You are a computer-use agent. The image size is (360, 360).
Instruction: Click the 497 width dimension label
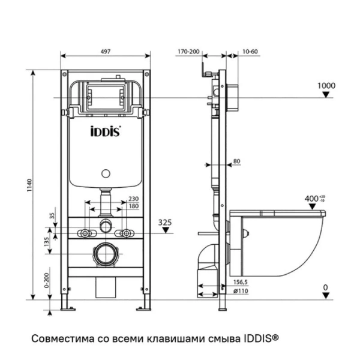point(104,52)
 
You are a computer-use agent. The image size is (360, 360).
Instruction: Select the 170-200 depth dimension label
point(188,52)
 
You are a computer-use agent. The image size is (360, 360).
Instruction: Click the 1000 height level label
point(326,86)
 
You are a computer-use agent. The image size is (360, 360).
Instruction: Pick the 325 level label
point(165,222)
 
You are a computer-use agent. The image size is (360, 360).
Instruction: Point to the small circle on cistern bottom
point(106,175)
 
